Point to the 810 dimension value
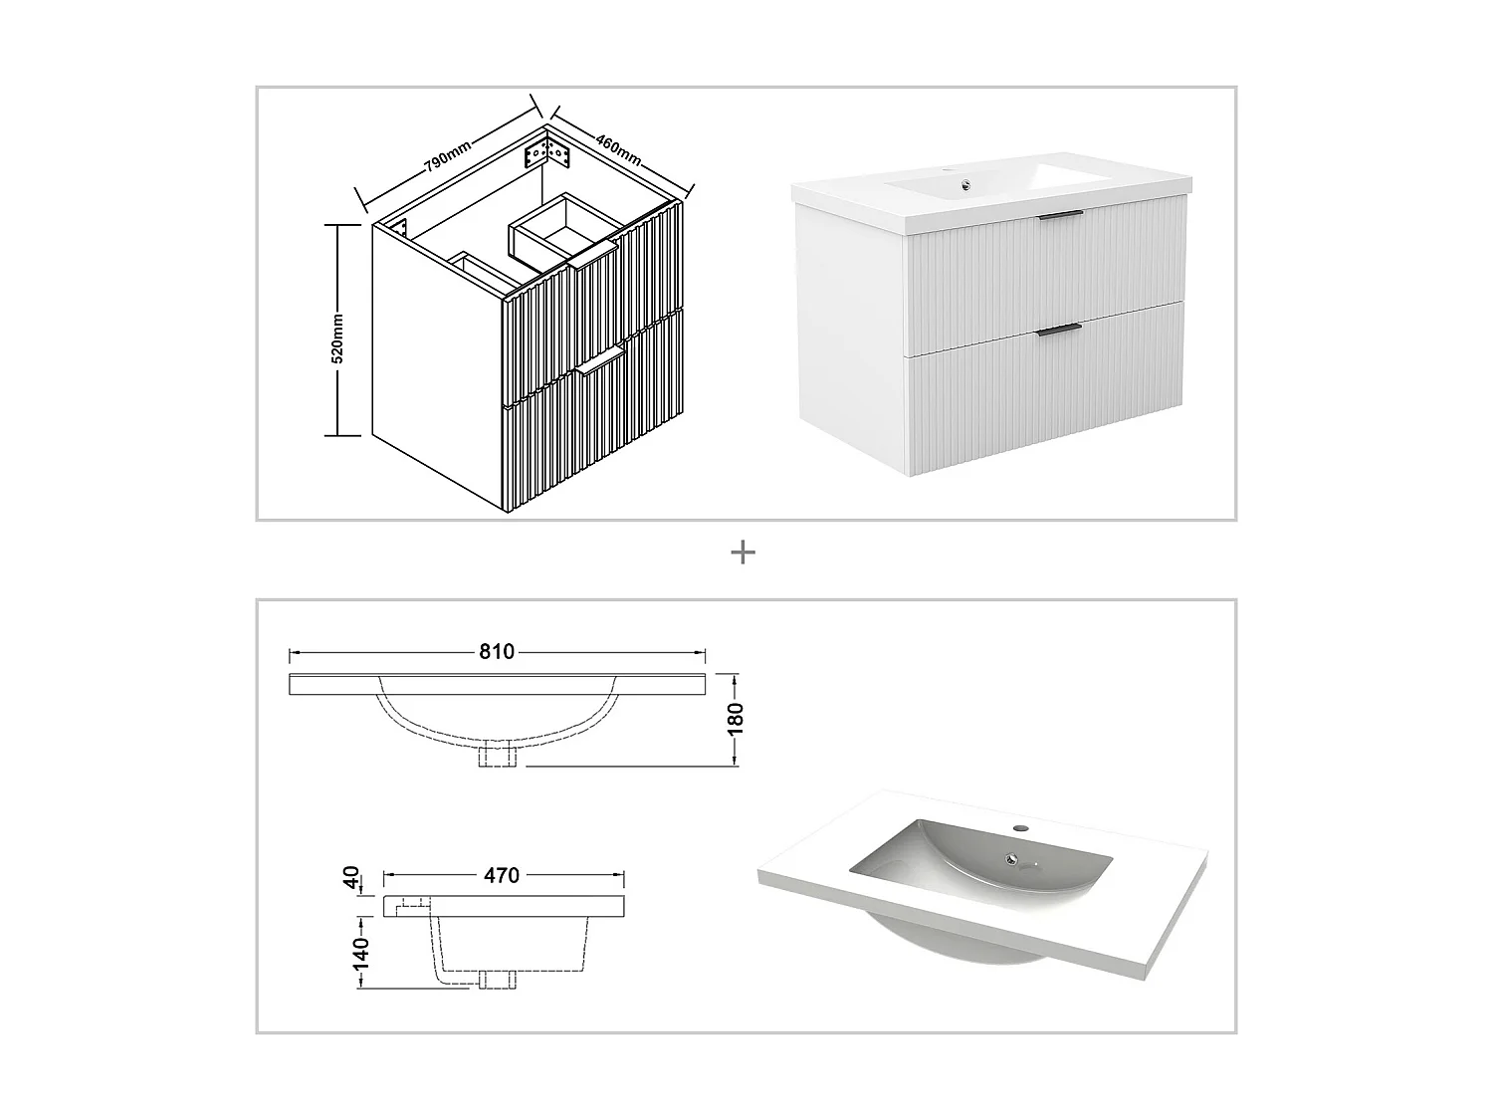tap(497, 652)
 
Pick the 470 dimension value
tap(502, 876)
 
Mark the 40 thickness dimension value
tap(350, 878)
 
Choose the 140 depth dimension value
tap(360, 953)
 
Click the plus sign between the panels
tap(743, 553)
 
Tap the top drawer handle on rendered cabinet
tap(1060, 215)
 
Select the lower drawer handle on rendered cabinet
tap(1059, 329)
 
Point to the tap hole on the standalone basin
tap(1020, 828)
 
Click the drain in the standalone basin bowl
tap(1013, 858)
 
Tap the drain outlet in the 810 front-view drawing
tap(497, 756)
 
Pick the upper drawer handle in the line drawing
tap(595, 261)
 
